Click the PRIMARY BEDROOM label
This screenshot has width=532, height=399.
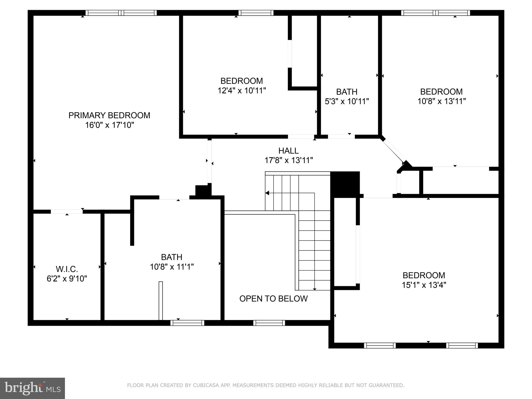(109, 115)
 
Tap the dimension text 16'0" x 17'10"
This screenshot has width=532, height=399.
(109, 125)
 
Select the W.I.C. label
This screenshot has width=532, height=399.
(67, 269)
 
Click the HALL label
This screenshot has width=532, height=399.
(288, 151)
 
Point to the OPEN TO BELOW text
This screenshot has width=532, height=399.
(273, 299)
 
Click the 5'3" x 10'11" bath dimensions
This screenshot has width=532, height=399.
(347, 101)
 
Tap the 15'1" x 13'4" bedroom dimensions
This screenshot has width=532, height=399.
(424, 285)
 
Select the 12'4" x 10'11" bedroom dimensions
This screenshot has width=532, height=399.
(242, 91)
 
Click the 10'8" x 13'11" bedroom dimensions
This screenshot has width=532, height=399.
(441, 101)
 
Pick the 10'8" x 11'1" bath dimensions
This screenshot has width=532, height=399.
(172, 267)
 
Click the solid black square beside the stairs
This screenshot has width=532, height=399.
(345, 184)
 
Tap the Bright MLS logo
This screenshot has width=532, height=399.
(32, 388)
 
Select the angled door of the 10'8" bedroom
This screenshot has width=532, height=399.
(394, 151)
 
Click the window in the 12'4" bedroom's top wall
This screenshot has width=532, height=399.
(256, 13)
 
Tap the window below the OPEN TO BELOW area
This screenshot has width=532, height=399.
(269, 323)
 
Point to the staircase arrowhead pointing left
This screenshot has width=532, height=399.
(267, 193)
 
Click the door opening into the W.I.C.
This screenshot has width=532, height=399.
(67, 212)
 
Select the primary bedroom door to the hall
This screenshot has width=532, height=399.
(209, 161)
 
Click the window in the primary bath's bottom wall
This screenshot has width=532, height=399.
(187, 323)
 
